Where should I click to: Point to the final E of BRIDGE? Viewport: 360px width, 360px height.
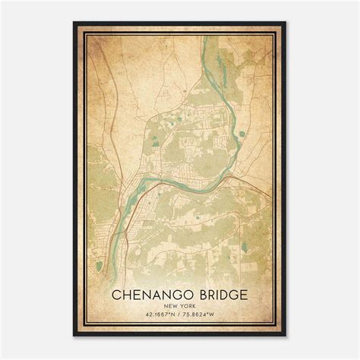coord(244,293)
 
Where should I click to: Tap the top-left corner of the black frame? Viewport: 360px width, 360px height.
coord(74,23)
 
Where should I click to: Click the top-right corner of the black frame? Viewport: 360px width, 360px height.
coord(286,23)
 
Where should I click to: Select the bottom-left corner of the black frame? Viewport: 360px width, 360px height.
coord(74,336)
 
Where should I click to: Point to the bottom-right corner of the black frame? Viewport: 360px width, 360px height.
coord(286,336)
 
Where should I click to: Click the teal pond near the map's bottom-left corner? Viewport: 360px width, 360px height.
coord(98,266)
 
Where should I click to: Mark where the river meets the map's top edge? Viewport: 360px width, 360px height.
coord(205,36)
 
